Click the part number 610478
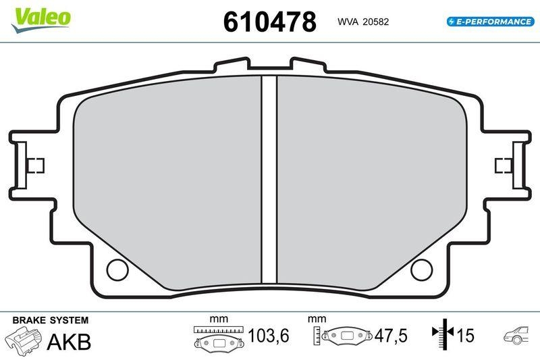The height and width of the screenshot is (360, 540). coord(269,22)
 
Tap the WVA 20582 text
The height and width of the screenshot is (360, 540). coord(362,22)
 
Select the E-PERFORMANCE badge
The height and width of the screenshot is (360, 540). coord(490,22)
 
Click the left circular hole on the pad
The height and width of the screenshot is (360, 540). coord(117,269)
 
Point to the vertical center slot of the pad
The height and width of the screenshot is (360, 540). coord(269,182)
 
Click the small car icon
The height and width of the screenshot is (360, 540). coord(517,336)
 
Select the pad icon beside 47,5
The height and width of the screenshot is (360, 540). coord(348,336)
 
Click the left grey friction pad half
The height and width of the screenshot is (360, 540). coord(169,182)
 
